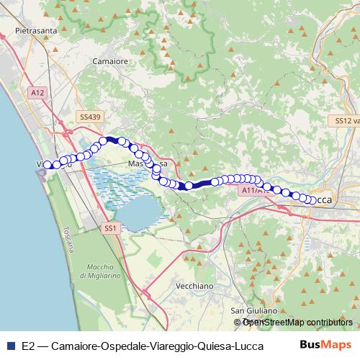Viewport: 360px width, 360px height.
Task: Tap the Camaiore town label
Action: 111,62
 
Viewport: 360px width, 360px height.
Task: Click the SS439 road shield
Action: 90,115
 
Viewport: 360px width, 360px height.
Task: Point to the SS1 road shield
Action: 109,228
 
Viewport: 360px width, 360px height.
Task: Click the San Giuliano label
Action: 253,311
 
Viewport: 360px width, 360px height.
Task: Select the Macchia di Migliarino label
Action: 100,271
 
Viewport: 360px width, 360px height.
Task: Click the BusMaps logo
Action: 325,346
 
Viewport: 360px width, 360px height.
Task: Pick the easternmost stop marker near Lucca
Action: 312,200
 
